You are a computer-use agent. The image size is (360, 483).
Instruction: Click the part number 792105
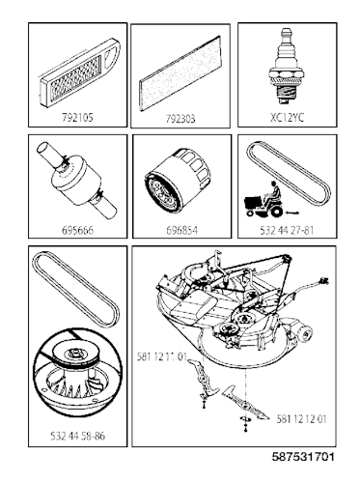(77, 118)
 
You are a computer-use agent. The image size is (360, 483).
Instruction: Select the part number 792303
(180, 119)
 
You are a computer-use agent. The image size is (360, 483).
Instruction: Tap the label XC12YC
(287, 118)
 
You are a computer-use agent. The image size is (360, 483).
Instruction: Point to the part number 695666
(77, 231)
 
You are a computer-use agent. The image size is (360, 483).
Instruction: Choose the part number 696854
(181, 231)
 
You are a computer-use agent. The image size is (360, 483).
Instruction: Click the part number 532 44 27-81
(287, 231)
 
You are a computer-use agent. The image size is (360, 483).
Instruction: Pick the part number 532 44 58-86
(78, 436)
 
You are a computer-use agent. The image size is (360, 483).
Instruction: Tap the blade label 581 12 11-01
(162, 356)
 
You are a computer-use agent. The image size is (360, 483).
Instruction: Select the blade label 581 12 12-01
(301, 419)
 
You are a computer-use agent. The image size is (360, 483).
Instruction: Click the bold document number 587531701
(303, 457)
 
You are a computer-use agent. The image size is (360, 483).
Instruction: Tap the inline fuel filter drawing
(77, 180)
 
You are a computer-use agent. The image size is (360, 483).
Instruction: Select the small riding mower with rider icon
(263, 200)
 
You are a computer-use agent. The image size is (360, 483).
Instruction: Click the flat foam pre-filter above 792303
(180, 73)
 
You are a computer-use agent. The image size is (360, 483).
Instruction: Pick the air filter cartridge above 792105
(79, 72)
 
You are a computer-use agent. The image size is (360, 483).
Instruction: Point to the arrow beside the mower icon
(292, 213)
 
